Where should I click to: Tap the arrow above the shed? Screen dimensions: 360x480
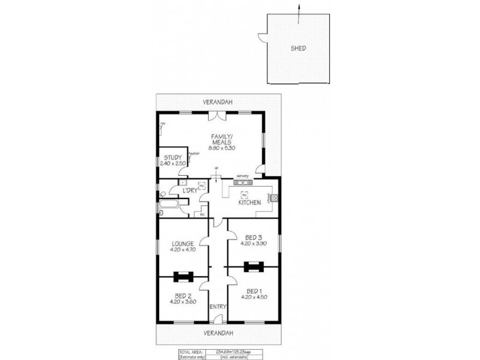click(x=298, y=8)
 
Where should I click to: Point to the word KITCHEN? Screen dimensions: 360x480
click(x=250, y=203)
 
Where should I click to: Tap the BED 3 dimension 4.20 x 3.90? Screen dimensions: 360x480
click(x=253, y=244)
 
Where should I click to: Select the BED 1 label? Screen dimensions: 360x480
click(x=253, y=289)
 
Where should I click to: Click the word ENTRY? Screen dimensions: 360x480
click(x=218, y=307)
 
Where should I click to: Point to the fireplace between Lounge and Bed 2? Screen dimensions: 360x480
click(x=182, y=277)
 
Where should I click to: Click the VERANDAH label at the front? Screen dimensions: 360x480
click(x=218, y=332)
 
